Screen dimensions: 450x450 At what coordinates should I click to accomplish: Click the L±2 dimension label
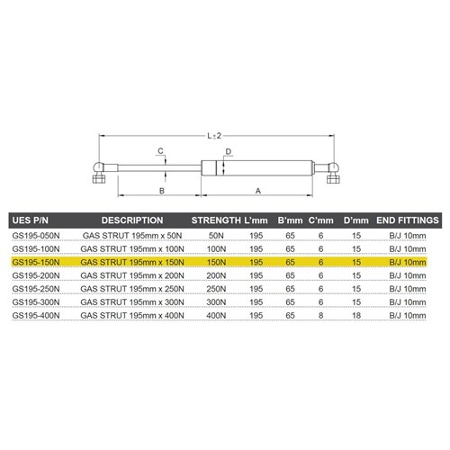pos(214,135)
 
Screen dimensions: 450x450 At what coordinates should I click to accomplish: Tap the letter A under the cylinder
pos(258,192)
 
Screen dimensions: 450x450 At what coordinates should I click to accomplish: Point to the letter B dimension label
pos(160,192)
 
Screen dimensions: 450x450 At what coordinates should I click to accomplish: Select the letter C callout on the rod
pos(159,150)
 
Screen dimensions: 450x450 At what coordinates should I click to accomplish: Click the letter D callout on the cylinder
pos(229,151)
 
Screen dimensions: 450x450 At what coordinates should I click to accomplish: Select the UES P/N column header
pos(31,220)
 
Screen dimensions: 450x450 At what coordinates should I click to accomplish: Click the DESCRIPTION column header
pos(131,220)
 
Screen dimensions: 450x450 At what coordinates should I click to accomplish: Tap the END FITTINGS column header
pos(407,220)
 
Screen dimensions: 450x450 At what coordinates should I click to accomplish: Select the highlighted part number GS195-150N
pos(36,261)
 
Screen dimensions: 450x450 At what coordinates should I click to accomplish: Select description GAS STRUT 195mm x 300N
pos(132,303)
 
